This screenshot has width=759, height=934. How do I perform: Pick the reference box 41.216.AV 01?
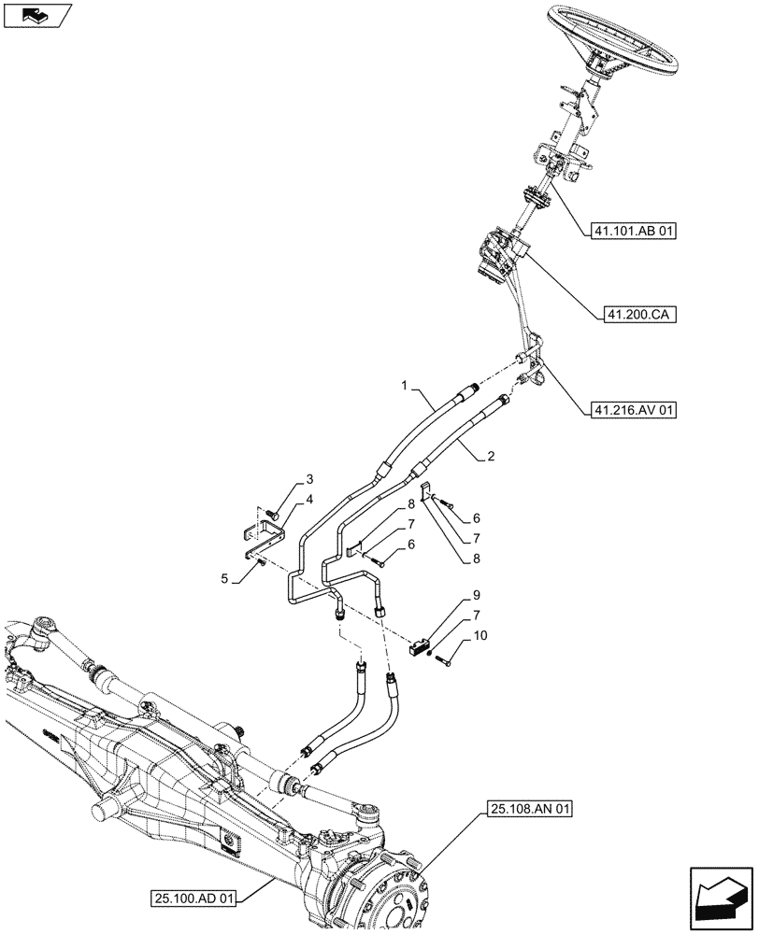(631, 409)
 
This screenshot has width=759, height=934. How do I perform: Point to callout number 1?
(404, 385)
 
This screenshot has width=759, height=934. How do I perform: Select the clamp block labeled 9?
(421, 644)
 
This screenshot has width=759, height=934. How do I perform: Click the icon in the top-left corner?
(37, 15)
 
